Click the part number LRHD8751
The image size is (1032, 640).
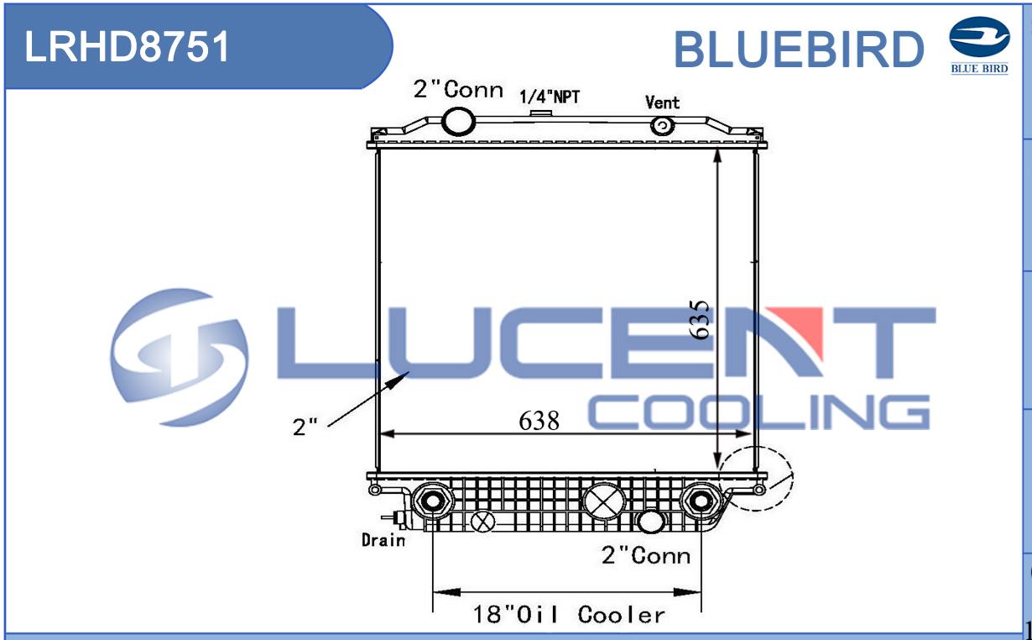[x=127, y=46]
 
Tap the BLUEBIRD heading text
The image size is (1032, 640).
[x=799, y=49]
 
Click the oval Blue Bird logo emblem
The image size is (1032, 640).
[x=979, y=37]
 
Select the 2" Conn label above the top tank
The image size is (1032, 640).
[x=458, y=89]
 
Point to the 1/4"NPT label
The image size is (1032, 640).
[x=550, y=97]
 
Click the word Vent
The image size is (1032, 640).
[x=662, y=102]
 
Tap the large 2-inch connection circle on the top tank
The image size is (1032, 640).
[x=458, y=122]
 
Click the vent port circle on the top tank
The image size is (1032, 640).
[x=663, y=125]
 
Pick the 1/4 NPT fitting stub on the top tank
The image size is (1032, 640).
[x=541, y=113]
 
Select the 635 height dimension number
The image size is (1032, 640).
[x=700, y=319]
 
